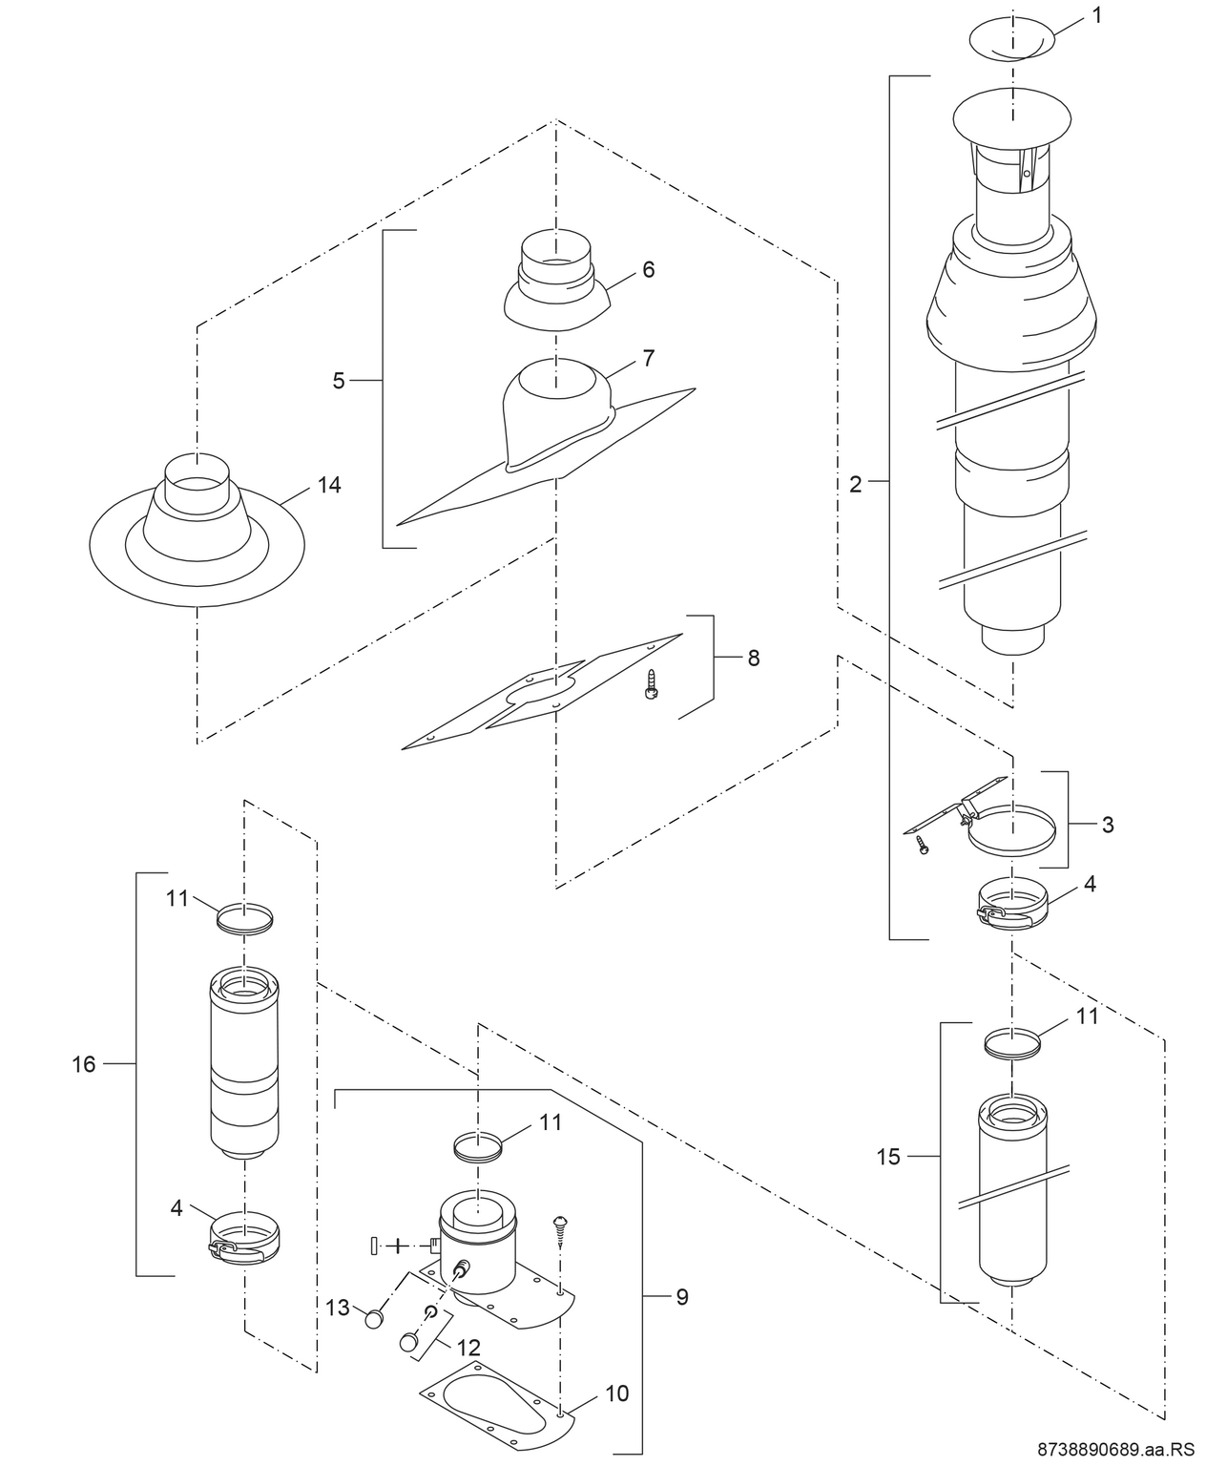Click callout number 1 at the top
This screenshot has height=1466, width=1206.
(1096, 16)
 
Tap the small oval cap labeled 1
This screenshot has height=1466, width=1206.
(1012, 38)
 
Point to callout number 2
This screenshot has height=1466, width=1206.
(855, 485)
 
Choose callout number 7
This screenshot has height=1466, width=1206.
(649, 359)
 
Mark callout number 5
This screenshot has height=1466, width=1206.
(339, 381)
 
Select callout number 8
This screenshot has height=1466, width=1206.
(754, 658)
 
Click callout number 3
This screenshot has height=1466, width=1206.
(1107, 825)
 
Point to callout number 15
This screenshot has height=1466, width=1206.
(888, 1157)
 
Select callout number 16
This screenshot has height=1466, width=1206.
(84, 1063)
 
